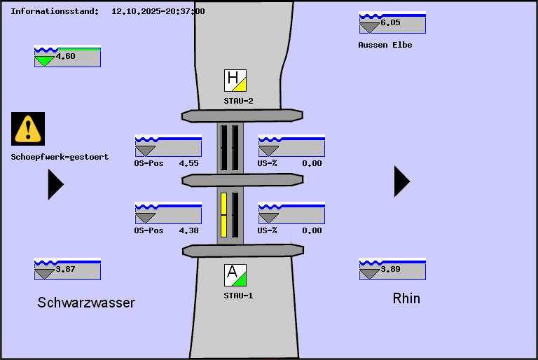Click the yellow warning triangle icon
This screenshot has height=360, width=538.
(28, 129)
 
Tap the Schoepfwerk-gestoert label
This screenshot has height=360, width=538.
(60, 157)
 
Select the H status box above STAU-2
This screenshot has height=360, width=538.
(235, 81)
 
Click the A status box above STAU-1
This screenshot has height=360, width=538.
(235, 275)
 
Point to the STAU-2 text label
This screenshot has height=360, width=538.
(238, 101)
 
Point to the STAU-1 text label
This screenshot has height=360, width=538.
(238, 296)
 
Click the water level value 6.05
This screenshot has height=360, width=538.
(390, 22)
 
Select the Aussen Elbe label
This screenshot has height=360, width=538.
(385, 45)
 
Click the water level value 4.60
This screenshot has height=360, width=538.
(65, 56)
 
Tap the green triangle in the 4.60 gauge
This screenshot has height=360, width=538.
(44, 61)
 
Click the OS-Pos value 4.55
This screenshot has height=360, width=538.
(188, 163)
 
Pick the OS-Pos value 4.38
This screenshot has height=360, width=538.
(188, 230)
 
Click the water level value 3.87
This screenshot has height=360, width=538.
(65, 269)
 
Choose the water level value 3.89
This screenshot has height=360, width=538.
(390, 269)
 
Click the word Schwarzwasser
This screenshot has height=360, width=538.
(86, 303)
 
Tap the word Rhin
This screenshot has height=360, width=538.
(406, 298)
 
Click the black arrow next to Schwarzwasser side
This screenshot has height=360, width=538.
(55, 184)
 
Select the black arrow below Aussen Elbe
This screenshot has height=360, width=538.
(401, 181)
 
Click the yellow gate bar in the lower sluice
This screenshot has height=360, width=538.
(224, 214)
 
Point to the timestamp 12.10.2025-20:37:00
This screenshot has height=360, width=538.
(158, 11)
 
